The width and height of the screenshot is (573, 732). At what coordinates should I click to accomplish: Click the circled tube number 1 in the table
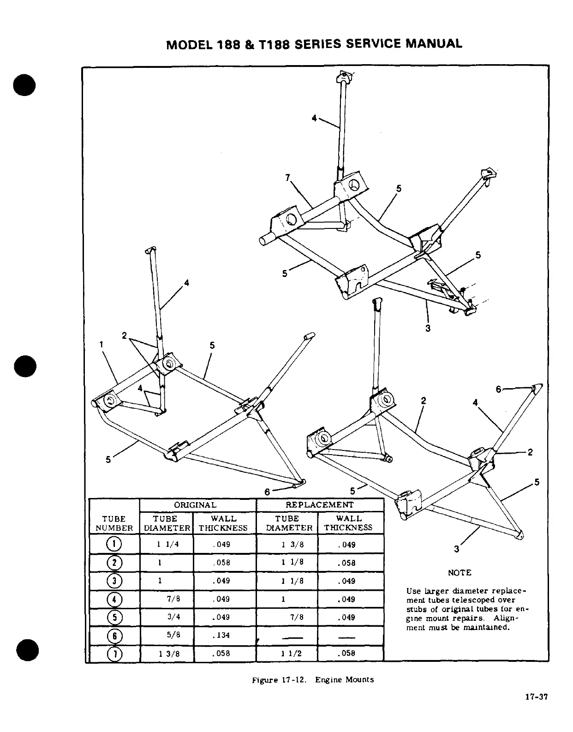pyautogui.click(x=114, y=544)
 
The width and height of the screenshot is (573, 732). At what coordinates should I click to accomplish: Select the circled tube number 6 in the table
pyautogui.click(x=114, y=636)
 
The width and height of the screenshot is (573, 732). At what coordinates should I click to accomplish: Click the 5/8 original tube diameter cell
pyautogui.click(x=173, y=635)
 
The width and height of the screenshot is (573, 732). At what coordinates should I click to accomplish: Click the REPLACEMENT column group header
pyautogui.click(x=320, y=505)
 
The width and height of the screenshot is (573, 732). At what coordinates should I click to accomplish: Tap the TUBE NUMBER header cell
pyautogui.click(x=114, y=523)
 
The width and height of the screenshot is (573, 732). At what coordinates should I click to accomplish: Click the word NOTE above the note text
pyautogui.click(x=460, y=573)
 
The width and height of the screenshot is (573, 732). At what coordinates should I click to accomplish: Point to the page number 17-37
pyautogui.click(x=536, y=697)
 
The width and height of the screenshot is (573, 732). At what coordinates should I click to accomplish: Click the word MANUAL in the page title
pyautogui.click(x=433, y=44)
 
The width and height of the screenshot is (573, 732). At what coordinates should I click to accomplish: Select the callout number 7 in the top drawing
pyautogui.click(x=287, y=177)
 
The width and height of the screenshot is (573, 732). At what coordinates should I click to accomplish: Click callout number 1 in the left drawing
pyautogui.click(x=101, y=344)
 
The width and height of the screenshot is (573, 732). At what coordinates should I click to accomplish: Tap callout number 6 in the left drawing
pyautogui.click(x=267, y=492)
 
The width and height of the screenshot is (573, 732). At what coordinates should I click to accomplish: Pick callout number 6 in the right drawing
pyautogui.click(x=498, y=389)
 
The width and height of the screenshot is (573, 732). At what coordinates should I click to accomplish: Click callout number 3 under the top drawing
pyautogui.click(x=428, y=328)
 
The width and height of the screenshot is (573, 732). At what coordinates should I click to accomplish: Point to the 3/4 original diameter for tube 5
pyautogui.click(x=173, y=617)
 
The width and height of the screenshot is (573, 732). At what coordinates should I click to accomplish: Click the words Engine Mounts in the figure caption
pyautogui.click(x=345, y=679)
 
